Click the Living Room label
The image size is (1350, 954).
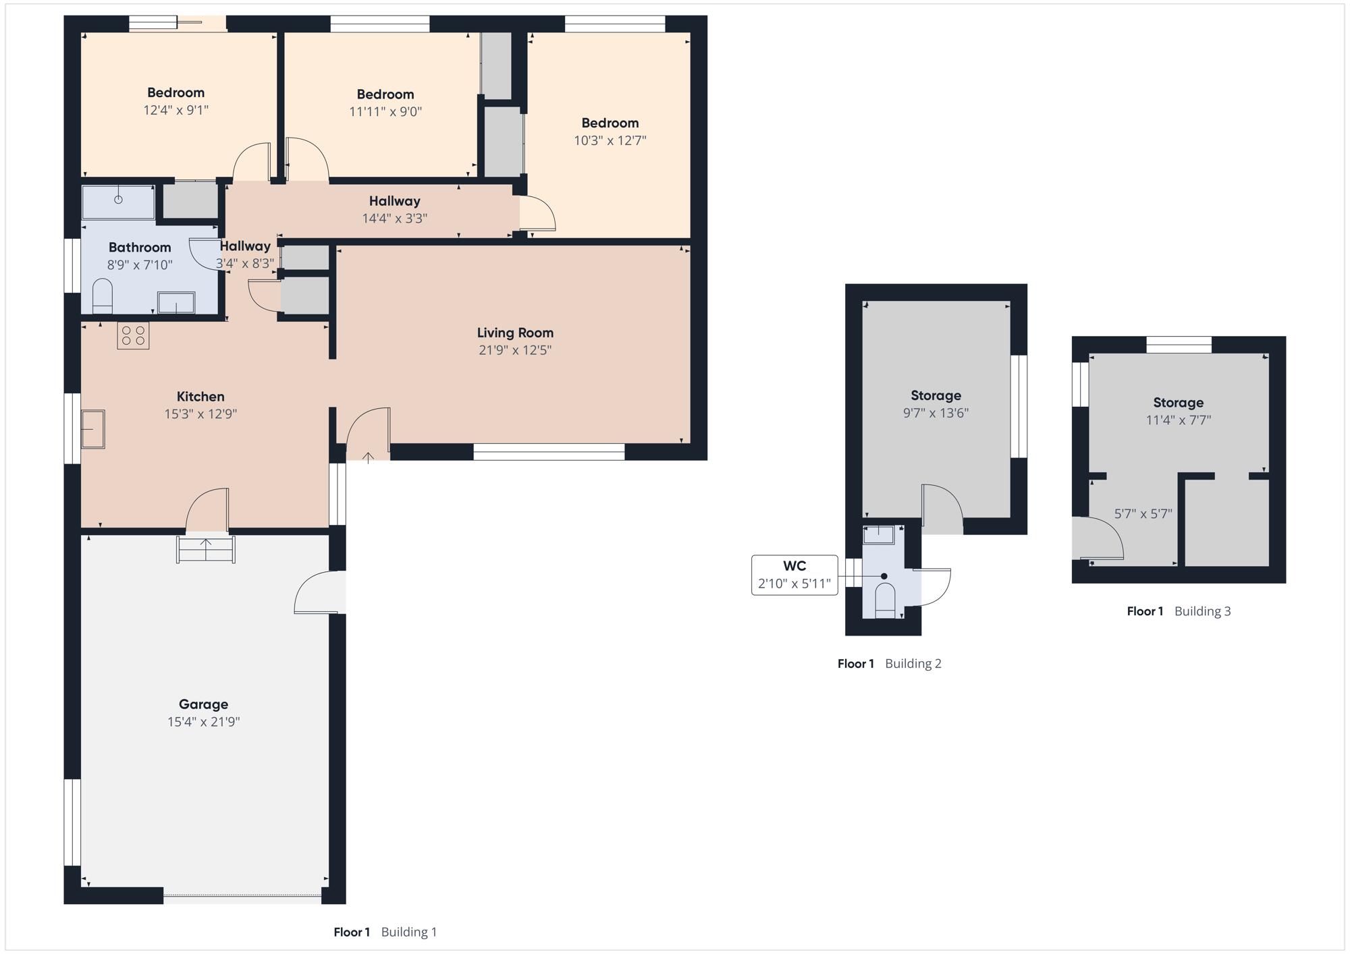point(515,333)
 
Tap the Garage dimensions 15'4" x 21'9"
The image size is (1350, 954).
point(204,722)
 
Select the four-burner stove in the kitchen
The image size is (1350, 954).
point(133,336)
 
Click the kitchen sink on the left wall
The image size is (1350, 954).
point(93,429)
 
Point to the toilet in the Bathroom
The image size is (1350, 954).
point(102,298)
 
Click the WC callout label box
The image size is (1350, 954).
point(794,575)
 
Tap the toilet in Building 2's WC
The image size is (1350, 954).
point(885,600)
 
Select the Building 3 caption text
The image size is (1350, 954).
point(1203,611)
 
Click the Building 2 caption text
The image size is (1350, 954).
point(913,664)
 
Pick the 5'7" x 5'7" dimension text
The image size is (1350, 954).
point(1143,514)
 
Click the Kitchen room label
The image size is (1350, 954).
point(200,397)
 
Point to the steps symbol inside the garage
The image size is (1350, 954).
point(206,549)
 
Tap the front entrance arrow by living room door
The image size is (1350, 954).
point(368,458)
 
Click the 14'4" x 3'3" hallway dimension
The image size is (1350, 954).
point(395,219)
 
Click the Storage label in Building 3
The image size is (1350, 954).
point(1179,403)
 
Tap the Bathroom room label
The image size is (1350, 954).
point(140,248)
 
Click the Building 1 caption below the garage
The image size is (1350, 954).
point(409,932)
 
